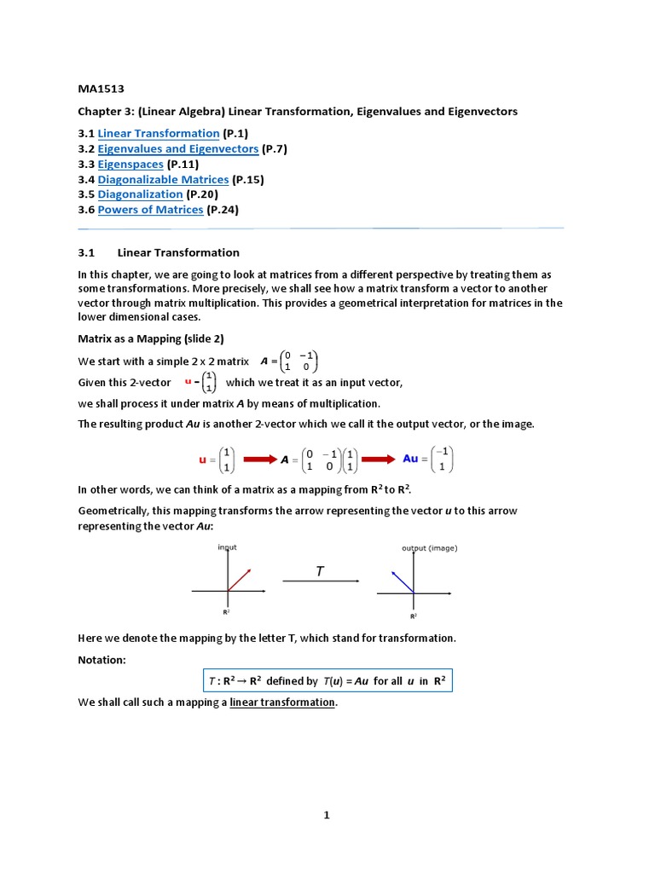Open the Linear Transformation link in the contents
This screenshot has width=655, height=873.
coord(159,133)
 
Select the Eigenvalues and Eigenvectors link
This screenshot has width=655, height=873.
coord(177,148)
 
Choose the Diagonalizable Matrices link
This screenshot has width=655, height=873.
coord(163,179)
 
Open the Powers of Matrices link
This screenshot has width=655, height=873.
coord(150,210)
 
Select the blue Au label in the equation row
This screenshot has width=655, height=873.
coord(410,459)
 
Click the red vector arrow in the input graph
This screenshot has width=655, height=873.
coord(239,579)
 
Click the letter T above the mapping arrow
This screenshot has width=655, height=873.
coord(320,572)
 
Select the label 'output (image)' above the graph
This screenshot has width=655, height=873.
coord(429,548)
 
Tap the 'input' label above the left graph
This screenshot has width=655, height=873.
coord(228,546)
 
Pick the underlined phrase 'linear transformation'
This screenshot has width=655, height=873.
coord(282,702)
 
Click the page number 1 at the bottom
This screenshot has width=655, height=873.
coord(327,815)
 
